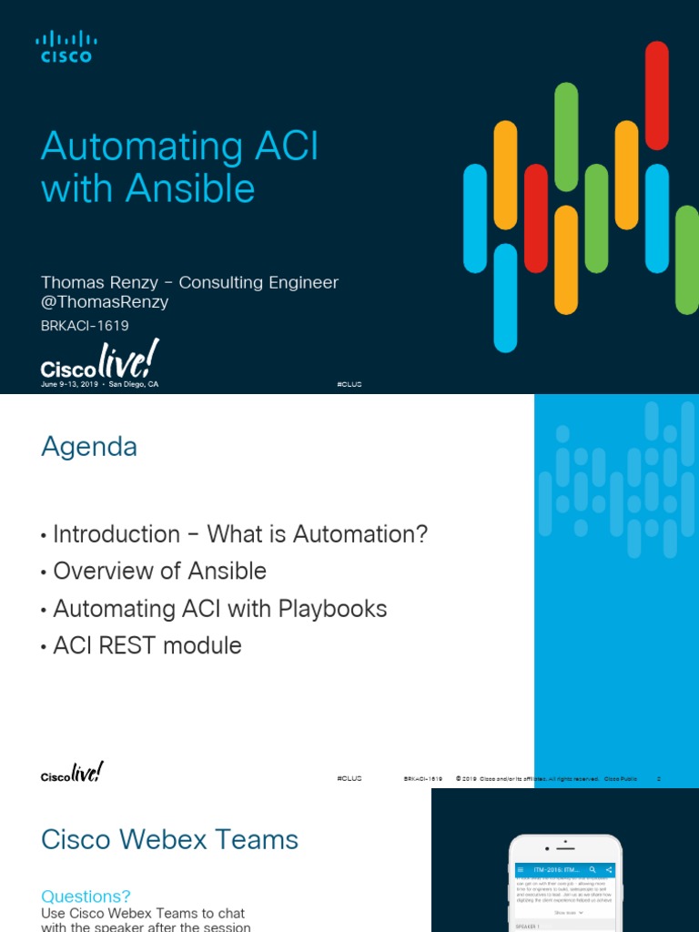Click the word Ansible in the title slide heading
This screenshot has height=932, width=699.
190,188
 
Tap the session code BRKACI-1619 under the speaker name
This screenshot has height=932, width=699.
85,325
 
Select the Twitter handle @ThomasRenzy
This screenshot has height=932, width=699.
105,302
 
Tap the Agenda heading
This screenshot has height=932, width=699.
89,447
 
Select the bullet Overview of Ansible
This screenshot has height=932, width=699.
159,572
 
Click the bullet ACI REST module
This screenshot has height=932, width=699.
147,646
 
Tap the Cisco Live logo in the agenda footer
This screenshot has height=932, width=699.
72,773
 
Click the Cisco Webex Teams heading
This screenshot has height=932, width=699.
169,839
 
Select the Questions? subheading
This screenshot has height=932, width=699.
86,897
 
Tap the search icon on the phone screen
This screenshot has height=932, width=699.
593,870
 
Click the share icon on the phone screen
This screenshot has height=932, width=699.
608,870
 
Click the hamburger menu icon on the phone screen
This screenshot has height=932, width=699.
522,870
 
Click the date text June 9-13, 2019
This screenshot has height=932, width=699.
71,385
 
